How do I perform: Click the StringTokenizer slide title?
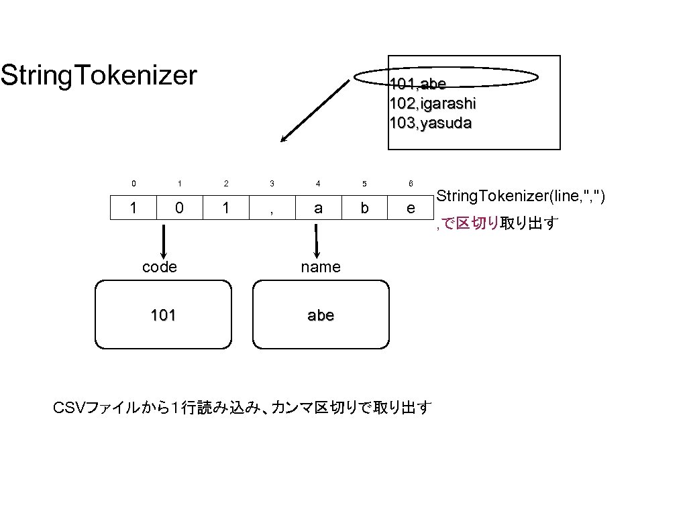[99, 76]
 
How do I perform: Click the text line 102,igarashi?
[433, 103]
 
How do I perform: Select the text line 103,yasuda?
[430, 123]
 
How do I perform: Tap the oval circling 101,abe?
[446, 77]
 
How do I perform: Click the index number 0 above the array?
[134, 183]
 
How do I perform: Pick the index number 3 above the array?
[272, 183]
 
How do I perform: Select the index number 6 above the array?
[411, 183]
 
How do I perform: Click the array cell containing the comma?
[272, 208]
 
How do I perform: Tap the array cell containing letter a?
[318, 208]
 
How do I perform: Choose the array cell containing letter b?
[364, 208]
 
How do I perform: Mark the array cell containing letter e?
[411, 208]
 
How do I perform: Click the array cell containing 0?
[179, 208]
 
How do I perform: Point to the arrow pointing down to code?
[164, 239]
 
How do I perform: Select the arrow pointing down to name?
[316, 239]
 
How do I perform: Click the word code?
[160, 267]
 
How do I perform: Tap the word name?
[321, 267]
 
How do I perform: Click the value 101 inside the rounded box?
[163, 315]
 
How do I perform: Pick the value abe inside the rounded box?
[321, 315]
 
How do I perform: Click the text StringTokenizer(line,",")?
[521, 196]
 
